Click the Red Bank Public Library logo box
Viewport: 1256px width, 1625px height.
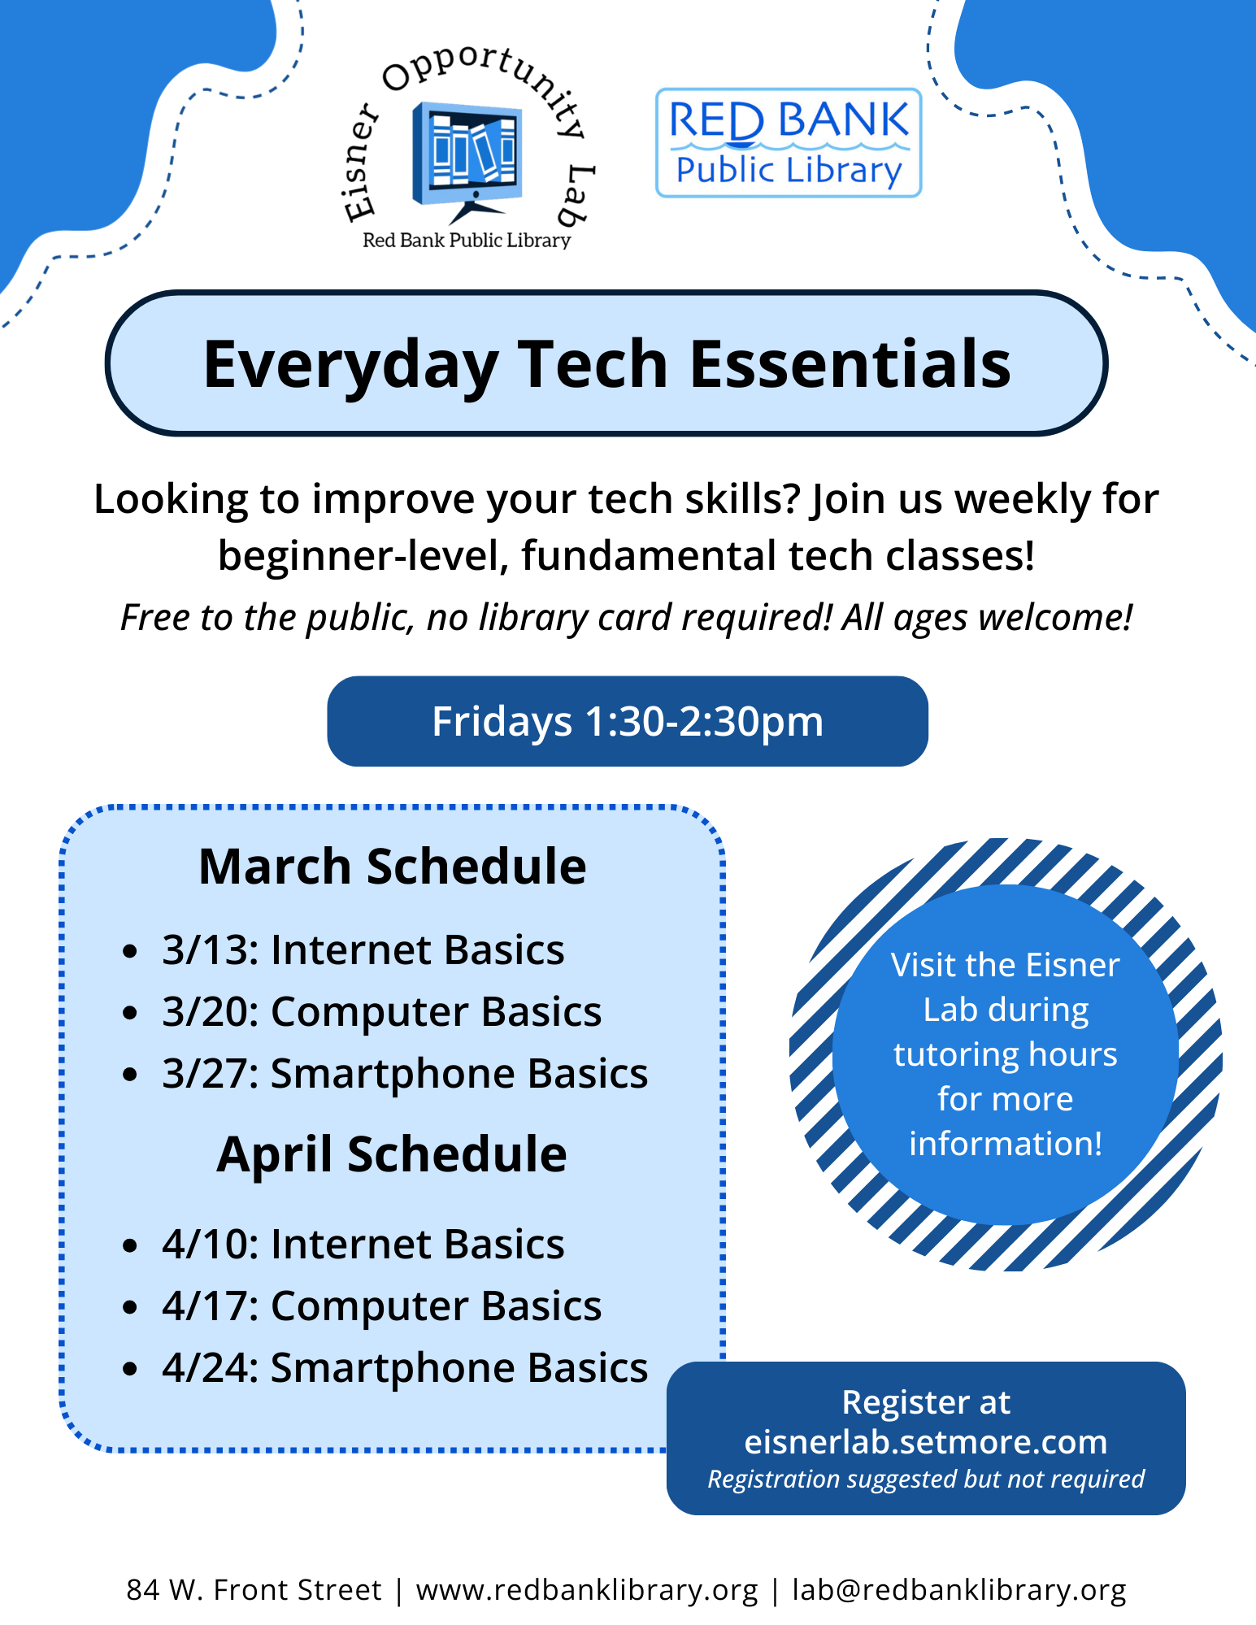tap(788, 143)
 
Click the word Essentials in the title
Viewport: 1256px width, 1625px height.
tap(850, 364)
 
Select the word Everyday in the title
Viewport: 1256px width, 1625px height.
tap(350, 366)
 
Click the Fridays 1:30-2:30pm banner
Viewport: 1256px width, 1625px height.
tap(627, 721)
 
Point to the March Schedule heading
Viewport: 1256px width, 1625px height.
tap(392, 866)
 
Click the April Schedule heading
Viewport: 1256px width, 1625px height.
tap(392, 1154)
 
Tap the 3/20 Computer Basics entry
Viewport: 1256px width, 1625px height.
tap(381, 1012)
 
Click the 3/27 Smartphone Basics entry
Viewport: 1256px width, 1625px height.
tap(404, 1074)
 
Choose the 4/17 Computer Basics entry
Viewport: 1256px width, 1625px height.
tap(381, 1306)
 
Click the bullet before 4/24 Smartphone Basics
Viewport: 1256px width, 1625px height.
tap(130, 1369)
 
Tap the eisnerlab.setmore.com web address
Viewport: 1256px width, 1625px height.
tap(925, 1441)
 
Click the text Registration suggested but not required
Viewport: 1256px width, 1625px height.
tap(925, 1479)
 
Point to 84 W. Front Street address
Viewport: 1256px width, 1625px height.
tap(254, 1590)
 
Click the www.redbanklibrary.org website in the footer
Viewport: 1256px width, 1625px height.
tap(586, 1590)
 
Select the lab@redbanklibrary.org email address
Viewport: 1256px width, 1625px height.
tap(959, 1590)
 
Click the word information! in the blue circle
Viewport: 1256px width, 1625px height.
tap(1005, 1144)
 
